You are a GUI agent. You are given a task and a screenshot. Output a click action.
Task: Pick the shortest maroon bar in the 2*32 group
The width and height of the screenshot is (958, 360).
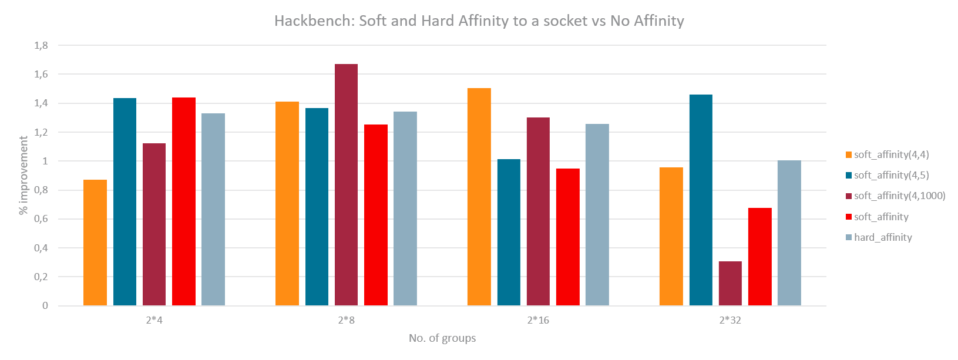coord(730,284)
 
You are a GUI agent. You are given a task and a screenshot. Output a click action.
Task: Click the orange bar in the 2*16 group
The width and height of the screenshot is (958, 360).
coord(479,197)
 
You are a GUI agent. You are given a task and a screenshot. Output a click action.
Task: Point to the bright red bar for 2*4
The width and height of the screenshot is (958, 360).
coord(184,201)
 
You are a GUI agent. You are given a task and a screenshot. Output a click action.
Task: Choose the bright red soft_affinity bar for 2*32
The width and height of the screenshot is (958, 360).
coord(759,257)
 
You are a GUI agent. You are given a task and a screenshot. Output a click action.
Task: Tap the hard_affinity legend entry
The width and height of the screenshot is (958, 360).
coord(882,237)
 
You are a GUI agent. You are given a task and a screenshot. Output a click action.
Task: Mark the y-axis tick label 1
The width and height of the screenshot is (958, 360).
coord(45,161)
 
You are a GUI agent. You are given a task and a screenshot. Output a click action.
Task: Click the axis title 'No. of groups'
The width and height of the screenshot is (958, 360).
coord(442,338)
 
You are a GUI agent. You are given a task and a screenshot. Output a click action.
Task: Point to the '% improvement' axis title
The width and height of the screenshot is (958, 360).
coord(24,175)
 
